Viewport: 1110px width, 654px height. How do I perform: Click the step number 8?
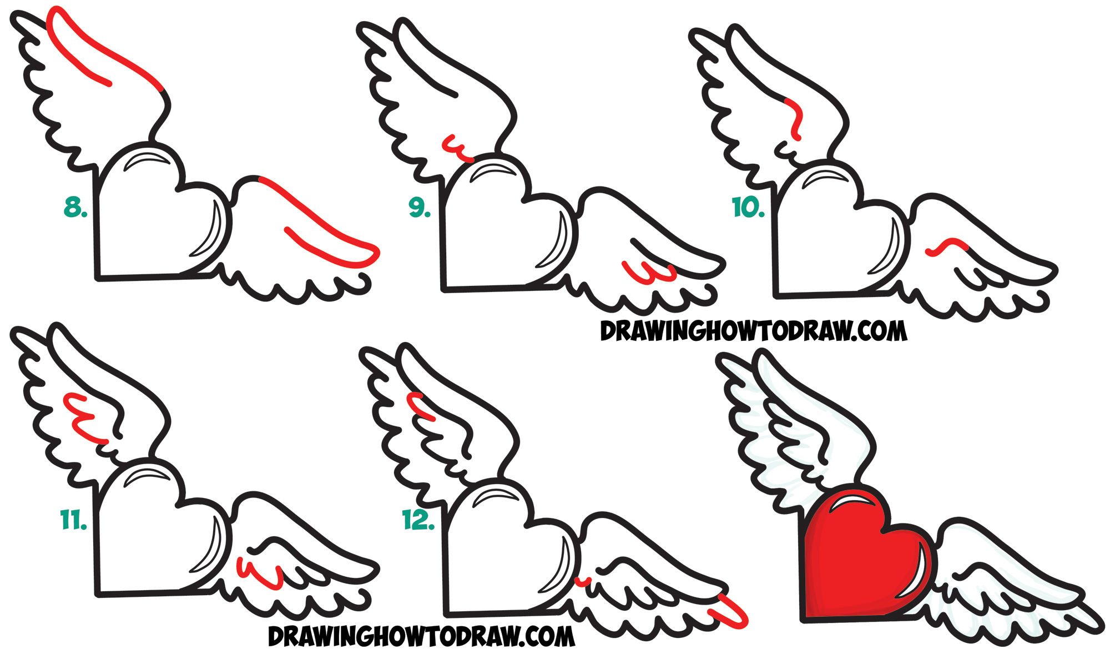75,207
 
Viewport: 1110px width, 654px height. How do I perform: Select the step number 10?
748,208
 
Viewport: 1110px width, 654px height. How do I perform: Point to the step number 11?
73,520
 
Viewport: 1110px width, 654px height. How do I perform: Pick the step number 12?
418,520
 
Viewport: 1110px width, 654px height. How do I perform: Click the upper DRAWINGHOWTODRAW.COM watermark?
753,331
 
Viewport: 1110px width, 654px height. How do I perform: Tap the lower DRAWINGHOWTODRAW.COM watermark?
421,636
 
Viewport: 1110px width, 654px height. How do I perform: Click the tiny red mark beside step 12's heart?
582,582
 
